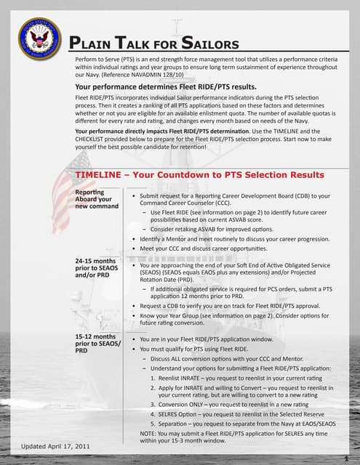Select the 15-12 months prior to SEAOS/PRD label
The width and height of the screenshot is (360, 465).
(x=95, y=343)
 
